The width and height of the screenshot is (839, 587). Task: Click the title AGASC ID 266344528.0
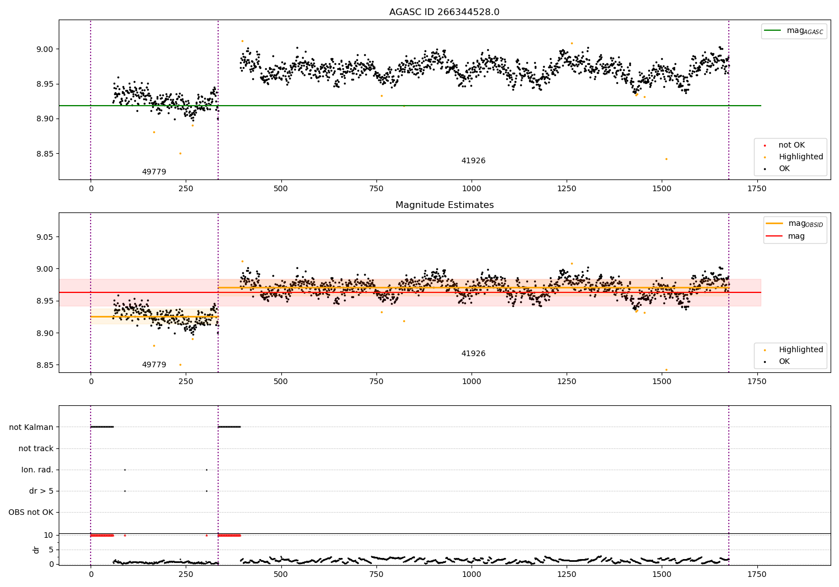(x=444, y=12)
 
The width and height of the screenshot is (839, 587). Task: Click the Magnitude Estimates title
(x=444, y=205)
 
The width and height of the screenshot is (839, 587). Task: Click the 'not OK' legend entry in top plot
(x=791, y=145)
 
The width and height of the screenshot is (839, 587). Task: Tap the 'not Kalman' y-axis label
(x=31, y=427)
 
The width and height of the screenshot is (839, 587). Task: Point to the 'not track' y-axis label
(x=36, y=448)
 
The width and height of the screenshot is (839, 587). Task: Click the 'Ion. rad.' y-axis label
(x=37, y=470)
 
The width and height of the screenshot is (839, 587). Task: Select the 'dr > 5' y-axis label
(x=41, y=491)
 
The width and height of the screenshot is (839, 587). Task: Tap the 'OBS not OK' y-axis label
(x=31, y=512)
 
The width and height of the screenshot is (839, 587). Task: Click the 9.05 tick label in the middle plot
(x=45, y=237)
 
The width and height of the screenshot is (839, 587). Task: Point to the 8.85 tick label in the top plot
(x=45, y=154)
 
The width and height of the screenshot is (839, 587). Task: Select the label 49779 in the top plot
(x=154, y=172)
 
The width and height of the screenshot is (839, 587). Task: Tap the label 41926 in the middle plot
(x=473, y=353)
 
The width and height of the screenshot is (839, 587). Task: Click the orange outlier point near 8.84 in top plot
(x=666, y=159)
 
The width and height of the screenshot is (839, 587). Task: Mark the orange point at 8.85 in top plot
(x=180, y=153)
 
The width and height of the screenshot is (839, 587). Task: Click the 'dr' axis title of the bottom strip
(x=36, y=550)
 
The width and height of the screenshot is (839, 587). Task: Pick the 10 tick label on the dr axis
(x=49, y=535)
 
